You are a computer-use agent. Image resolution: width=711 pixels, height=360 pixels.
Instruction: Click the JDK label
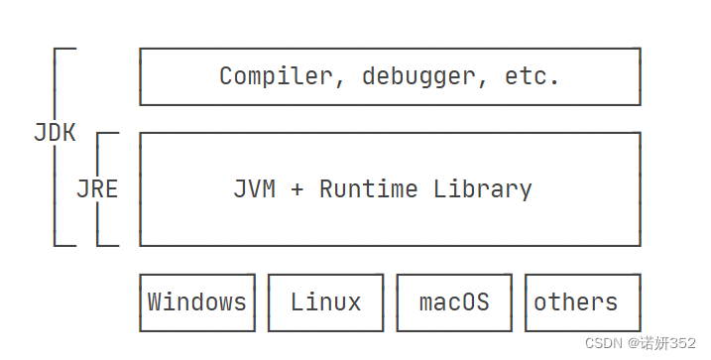coord(55,133)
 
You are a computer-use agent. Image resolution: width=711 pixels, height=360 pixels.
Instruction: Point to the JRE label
coord(97,188)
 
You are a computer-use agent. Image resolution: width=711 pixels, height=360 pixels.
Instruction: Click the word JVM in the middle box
coord(254,188)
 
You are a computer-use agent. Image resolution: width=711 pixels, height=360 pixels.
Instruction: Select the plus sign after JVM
coord(296,188)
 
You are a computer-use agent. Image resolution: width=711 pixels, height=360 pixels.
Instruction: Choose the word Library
coord(483,188)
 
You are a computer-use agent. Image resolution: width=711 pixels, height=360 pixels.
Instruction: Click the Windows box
coord(197,301)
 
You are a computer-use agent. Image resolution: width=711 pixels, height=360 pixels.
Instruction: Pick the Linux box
coord(325,301)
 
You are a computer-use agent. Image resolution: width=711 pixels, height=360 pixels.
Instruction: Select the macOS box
coord(454,301)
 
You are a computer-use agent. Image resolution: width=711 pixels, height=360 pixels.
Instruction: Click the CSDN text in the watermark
coord(603,343)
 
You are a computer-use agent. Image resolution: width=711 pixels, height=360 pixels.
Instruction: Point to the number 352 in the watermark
coord(683,343)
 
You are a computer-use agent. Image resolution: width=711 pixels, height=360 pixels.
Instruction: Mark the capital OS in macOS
coord(475,301)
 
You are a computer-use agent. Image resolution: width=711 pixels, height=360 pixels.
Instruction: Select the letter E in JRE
coord(111,188)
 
